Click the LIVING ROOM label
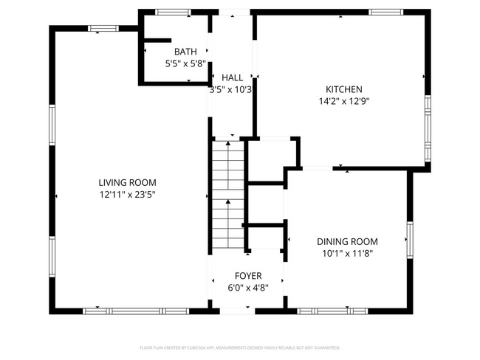pyautogui.click(x=128, y=182)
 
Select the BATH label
pyautogui.click(x=185, y=52)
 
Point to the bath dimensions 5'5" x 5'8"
pyautogui.click(x=185, y=63)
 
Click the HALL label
pyautogui.click(x=232, y=77)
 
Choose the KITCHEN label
pyautogui.click(x=344, y=89)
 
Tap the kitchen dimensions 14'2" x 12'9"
pyautogui.click(x=344, y=102)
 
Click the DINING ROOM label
pyautogui.click(x=347, y=241)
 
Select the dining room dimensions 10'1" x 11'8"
pyautogui.click(x=347, y=253)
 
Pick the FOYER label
pyautogui.click(x=248, y=275)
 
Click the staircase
pyautogui.click(x=228, y=195)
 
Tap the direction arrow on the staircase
pyautogui.click(x=228, y=203)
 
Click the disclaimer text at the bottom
pyautogui.click(x=240, y=347)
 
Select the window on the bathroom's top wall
pyautogui.click(x=173, y=12)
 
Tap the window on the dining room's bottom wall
pyautogui.click(x=332, y=311)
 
